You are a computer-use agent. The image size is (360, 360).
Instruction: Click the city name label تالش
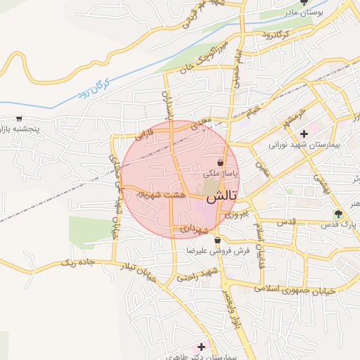pos(224,196)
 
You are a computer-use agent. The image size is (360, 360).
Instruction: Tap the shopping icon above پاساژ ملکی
pos(220,162)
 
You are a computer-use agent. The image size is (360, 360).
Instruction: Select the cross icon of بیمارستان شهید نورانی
pos(304,134)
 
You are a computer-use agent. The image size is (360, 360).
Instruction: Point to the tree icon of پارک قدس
pos(338,214)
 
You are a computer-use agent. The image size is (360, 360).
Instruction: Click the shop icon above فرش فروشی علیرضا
pos(217,240)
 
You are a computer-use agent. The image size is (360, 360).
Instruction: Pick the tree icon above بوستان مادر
pos(303,2)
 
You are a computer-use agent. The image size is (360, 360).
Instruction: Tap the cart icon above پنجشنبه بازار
pos(19,120)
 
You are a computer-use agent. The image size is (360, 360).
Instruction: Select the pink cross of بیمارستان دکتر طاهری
pos(202,347)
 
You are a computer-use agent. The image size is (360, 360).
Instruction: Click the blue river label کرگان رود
pos(93,91)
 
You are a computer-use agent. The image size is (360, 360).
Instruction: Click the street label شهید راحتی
pos(198,275)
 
